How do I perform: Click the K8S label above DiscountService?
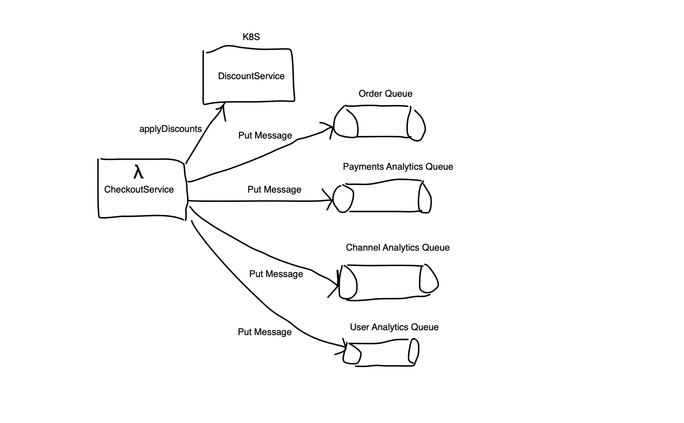click(x=251, y=37)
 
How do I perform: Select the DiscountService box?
click(x=249, y=76)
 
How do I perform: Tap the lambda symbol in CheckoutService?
click(x=138, y=172)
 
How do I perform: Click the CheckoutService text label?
click(x=139, y=190)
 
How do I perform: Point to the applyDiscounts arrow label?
click(x=171, y=129)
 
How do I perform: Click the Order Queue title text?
click(x=386, y=94)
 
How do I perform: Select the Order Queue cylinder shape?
click(x=379, y=122)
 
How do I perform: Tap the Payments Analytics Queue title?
click(x=398, y=167)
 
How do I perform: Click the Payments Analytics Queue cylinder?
click(x=382, y=197)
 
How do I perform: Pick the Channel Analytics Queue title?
click(x=397, y=248)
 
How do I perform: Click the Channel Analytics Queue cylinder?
click(x=389, y=282)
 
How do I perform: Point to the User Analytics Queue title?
click(x=394, y=327)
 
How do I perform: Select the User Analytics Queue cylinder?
click(x=381, y=352)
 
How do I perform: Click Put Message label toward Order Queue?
click(x=265, y=135)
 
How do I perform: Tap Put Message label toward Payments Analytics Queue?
click(x=274, y=190)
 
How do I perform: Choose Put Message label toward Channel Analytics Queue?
click(x=276, y=274)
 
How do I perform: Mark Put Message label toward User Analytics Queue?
click(x=265, y=332)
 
